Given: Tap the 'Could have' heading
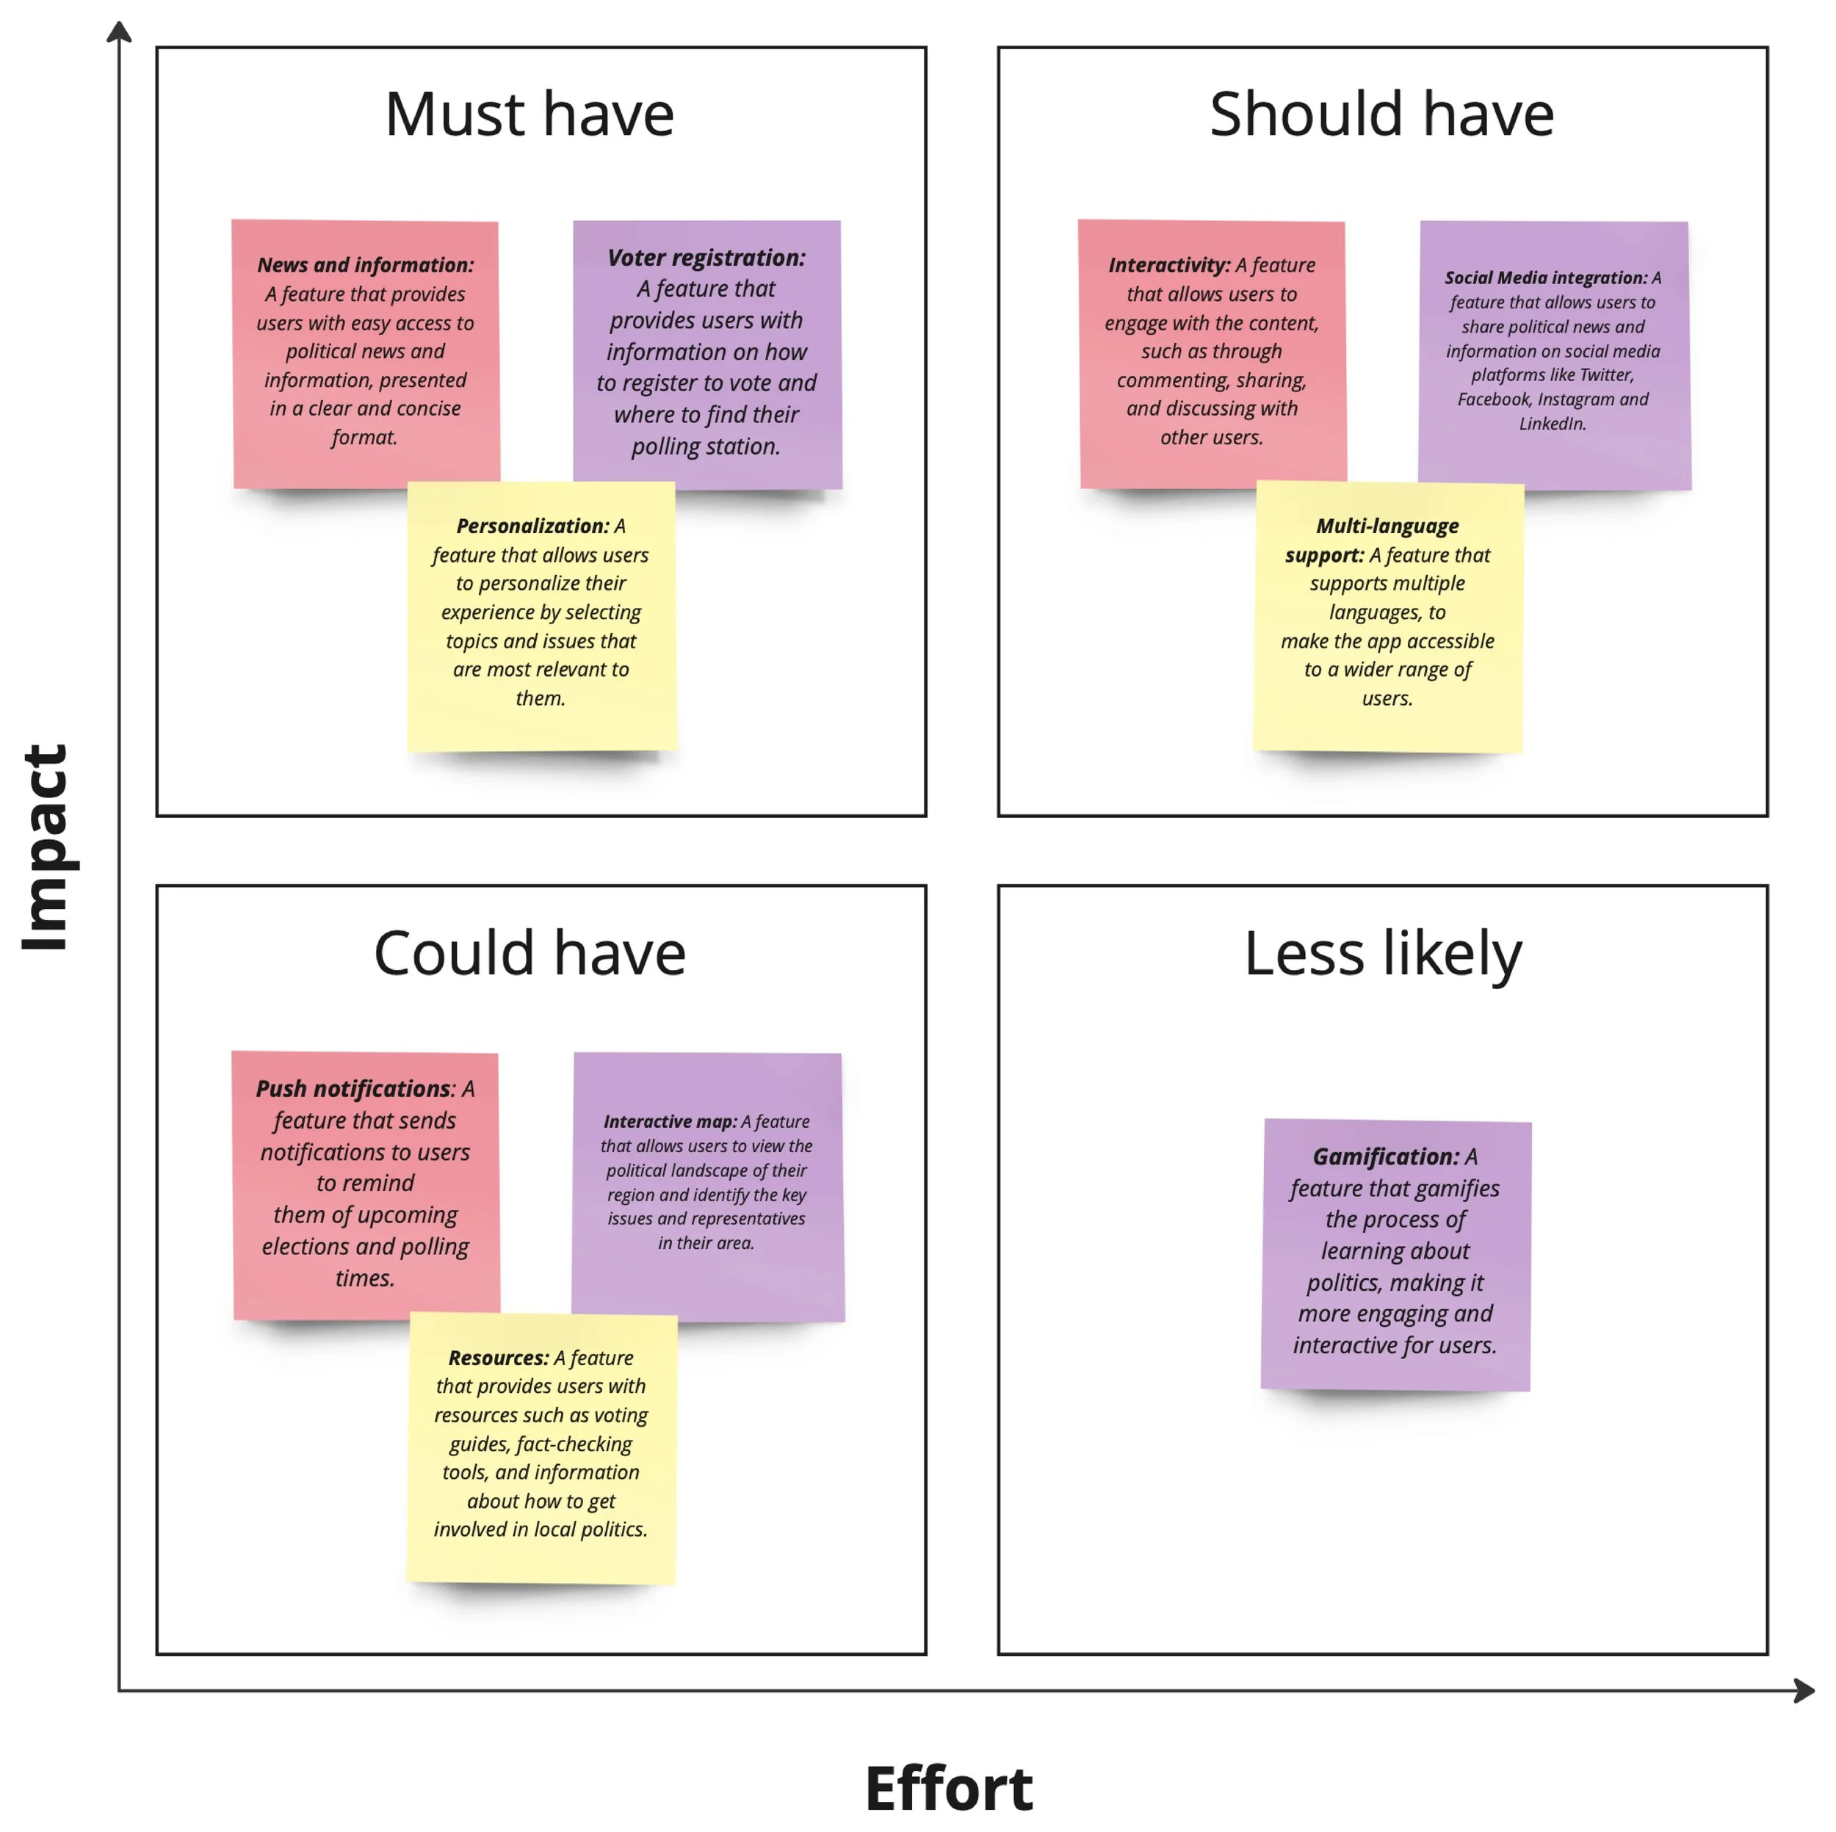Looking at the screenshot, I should pyautogui.click(x=530, y=953).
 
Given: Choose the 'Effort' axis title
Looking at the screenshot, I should pyautogui.click(x=947, y=1788).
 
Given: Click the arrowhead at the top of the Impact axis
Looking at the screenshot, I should pyautogui.click(x=119, y=32).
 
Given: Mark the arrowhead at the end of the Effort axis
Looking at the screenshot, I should pyautogui.click(x=1804, y=1690).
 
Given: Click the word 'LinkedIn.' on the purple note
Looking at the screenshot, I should pyautogui.click(x=1553, y=424).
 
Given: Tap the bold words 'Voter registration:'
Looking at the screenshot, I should pyautogui.click(x=706, y=258).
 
